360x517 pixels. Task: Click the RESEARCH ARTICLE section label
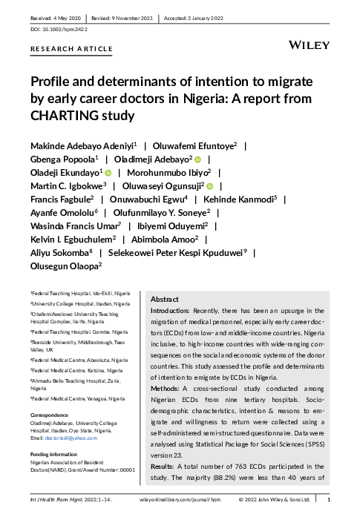(x=71, y=49)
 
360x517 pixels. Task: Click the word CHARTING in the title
(x=63, y=115)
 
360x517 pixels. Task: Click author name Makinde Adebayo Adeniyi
(x=81, y=145)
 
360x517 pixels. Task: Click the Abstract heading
(x=164, y=298)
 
